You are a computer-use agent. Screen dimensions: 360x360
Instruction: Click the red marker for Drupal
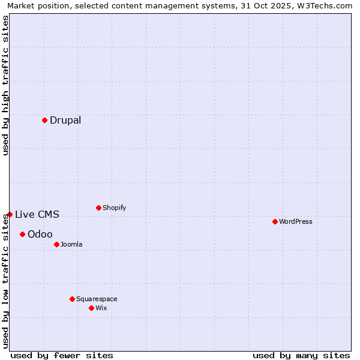pos(44,120)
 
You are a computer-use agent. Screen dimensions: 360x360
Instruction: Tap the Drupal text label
pos(65,120)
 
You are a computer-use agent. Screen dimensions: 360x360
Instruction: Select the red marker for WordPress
pos(275,221)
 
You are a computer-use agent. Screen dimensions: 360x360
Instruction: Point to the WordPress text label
pos(295,221)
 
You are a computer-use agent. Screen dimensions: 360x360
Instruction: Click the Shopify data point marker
pos(98,208)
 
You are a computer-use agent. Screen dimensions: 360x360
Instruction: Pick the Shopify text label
pos(114,208)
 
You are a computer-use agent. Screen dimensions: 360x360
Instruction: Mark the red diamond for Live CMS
pos(10,214)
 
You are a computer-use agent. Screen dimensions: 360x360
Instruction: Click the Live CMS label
pos(37,214)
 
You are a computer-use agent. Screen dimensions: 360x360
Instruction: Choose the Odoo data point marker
pos(22,234)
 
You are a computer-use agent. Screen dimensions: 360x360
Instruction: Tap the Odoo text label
pos(40,234)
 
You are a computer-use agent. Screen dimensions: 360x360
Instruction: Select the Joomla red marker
pos(56,244)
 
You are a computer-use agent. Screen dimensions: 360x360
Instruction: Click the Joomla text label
pos(71,244)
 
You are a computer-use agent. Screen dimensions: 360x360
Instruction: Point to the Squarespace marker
pos(72,299)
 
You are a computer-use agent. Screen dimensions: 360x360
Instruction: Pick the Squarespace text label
pos(97,299)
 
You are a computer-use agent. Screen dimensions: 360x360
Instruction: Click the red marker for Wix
pos(91,308)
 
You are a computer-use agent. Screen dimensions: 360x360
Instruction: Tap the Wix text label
pos(101,308)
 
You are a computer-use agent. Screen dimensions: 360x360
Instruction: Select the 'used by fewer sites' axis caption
pos(62,355)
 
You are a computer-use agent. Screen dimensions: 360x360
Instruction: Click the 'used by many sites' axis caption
pos(301,355)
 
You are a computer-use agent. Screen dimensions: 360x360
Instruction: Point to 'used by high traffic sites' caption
pos(5,85)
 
